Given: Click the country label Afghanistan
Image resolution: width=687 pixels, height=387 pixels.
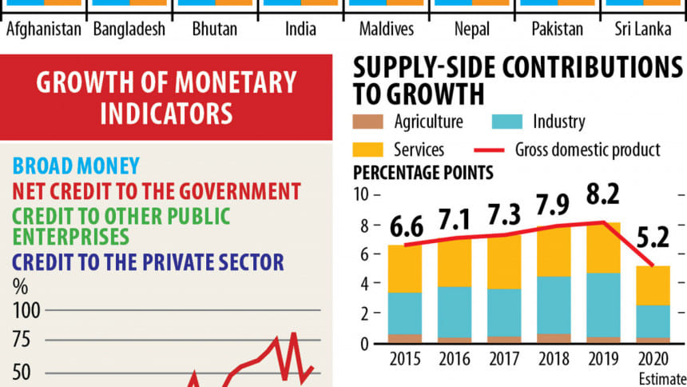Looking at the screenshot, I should point(44,30).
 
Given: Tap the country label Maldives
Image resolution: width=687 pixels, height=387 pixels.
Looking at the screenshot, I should point(387,30).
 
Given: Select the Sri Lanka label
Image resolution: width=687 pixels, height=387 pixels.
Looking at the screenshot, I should point(642,30).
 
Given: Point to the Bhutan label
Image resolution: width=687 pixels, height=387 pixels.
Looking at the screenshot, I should point(214,30).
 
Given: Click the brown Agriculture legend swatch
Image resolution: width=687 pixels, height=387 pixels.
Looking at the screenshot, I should point(369,122).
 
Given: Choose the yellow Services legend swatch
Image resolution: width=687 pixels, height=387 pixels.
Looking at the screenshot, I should point(369,150).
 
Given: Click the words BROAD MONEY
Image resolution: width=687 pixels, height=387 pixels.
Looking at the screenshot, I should point(76,166).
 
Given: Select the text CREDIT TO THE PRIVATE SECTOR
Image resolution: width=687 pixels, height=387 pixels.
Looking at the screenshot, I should point(148,262).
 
